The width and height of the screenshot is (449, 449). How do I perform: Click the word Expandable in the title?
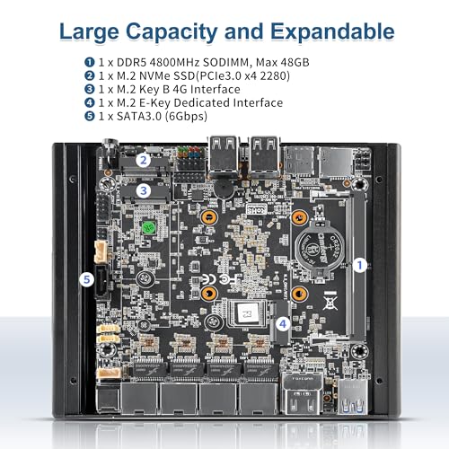click(332, 32)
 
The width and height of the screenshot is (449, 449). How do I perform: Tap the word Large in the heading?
click(89, 32)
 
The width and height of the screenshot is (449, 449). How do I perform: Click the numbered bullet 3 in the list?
click(90, 89)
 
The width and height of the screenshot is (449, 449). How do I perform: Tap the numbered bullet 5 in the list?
click(90, 116)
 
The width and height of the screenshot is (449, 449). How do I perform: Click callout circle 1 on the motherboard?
click(360, 265)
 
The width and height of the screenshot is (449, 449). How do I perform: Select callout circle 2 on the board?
click(144, 160)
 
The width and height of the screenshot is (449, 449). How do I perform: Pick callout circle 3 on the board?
click(144, 190)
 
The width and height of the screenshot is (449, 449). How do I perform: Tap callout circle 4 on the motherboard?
click(283, 323)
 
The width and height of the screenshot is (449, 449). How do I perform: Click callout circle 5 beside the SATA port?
click(87, 279)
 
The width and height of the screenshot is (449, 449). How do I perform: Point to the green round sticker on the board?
click(148, 228)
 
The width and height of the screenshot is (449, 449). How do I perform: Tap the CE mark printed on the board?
click(209, 279)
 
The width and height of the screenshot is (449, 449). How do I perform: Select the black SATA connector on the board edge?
click(101, 282)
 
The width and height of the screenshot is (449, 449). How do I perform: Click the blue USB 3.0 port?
click(353, 397)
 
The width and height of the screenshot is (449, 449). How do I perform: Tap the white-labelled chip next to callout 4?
click(247, 313)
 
